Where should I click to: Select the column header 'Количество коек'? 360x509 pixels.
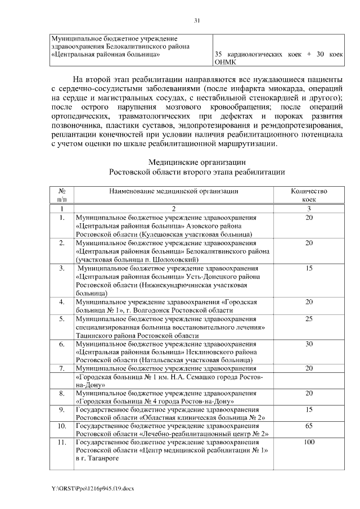click(x=309, y=195)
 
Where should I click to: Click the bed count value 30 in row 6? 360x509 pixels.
click(x=309, y=343)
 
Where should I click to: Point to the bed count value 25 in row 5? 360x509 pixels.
click(x=309, y=319)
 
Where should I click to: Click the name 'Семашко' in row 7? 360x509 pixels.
click(x=203, y=377)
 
